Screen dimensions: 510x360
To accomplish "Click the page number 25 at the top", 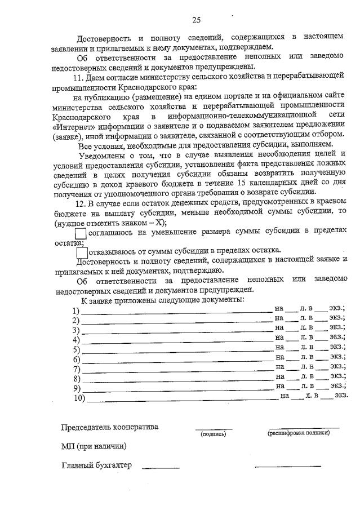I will coord(196,20).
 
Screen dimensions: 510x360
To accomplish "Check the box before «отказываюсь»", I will coord(81,251).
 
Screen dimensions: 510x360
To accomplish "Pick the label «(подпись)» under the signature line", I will coord(213,434).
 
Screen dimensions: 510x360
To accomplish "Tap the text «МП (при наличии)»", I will coord(94,447).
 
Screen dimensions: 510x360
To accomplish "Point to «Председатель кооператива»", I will coord(110,427).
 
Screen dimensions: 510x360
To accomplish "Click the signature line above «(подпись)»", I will coord(213,429).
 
